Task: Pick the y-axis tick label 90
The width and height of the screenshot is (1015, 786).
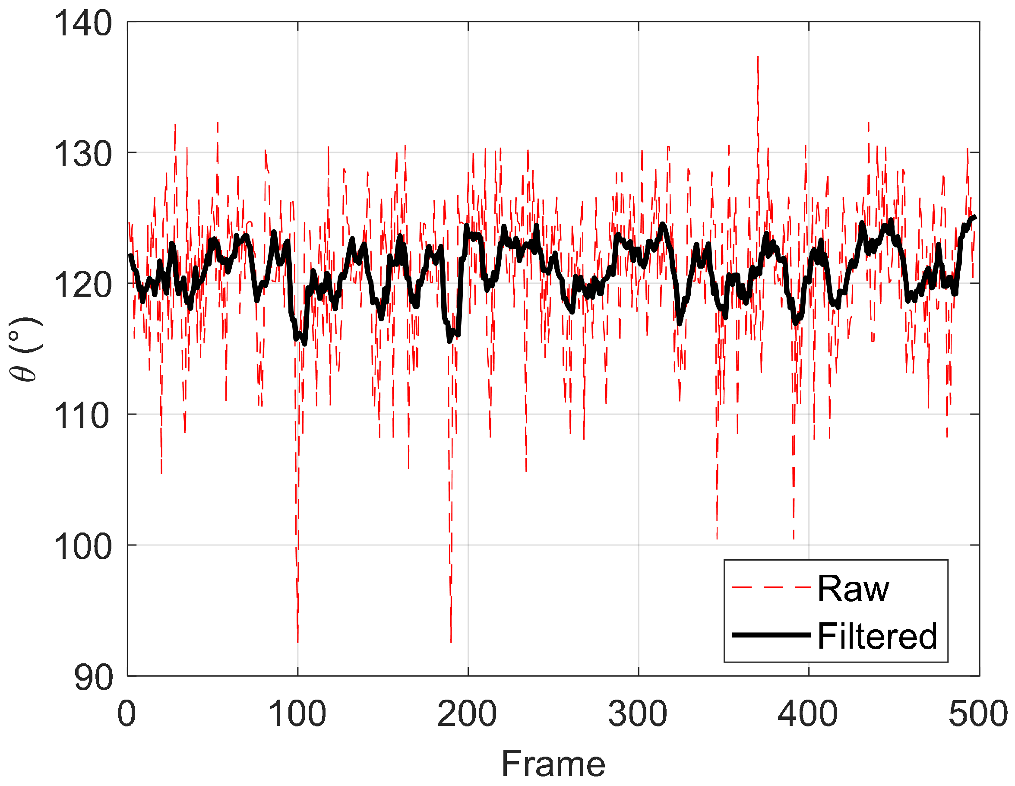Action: tap(93, 678)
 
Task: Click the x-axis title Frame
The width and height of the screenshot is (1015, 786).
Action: tap(553, 764)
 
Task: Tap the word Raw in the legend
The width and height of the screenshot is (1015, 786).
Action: tap(853, 589)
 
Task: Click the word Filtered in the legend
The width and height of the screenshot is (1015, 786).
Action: tap(877, 636)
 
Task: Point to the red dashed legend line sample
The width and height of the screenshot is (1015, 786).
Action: tap(772, 587)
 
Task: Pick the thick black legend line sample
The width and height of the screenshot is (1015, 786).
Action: tap(772, 635)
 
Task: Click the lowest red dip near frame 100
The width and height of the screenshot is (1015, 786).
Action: tap(298, 641)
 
